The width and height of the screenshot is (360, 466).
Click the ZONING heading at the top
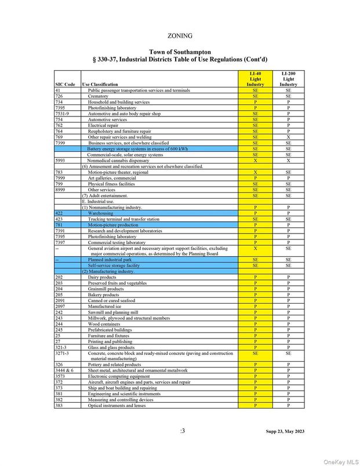180,36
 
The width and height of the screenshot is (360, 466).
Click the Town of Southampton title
180,52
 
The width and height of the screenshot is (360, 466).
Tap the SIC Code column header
65,85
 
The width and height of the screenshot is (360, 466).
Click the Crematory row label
99,96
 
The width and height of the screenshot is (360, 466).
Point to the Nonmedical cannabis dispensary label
118,161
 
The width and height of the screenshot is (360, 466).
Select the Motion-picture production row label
113,225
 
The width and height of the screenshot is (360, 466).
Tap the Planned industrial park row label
110,260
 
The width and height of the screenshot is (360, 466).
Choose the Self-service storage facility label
114,265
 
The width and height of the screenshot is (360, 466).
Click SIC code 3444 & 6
64,370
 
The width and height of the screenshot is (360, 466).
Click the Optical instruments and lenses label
117,406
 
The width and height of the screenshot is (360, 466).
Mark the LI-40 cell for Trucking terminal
255,219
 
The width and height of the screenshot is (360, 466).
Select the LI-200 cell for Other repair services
288,137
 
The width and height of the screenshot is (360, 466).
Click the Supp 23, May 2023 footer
285,432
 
